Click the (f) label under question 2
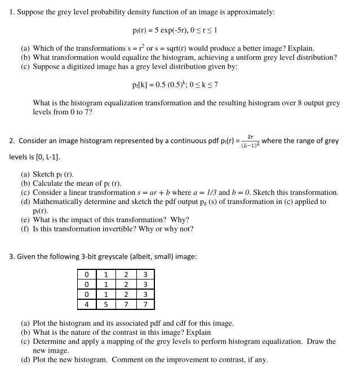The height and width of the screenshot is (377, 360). click(25, 228)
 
